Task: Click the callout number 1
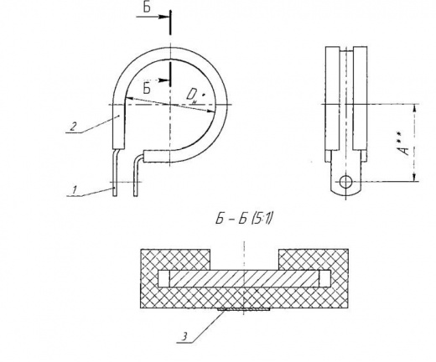(74, 190)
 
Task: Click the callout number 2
(73, 127)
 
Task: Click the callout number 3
(184, 337)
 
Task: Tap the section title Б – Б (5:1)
(244, 219)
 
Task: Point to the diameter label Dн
(194, 96)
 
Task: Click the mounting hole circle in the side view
(346, 182)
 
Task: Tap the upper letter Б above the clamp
(147, 8)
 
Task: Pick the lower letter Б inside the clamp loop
(147, 88)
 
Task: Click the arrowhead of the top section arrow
(163, 17)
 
